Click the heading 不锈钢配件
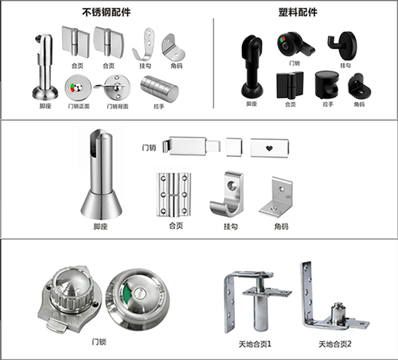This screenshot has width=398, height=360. click(x=106, y=12)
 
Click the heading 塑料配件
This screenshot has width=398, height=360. click(x=298, y=12)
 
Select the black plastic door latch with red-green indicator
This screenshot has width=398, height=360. click(x=295, y=45)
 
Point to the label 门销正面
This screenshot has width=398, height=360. click(x=79, y=106)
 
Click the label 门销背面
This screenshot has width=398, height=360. click(x=117, y=106)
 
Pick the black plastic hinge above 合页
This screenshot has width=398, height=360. click(x=290, y=85)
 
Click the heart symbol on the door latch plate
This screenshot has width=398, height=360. click(x=269, y=148)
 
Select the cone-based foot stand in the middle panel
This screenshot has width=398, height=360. click(x=102, y=175)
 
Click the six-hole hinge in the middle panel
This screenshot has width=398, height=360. click(x=173, y=195)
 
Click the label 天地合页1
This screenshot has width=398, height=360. click(x=255, y=344)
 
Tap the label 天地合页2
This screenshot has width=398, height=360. click(x=335, y=344)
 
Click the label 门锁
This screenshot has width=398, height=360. click(x=99, y=342)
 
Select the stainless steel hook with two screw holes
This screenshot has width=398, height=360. click(x=143, y=44)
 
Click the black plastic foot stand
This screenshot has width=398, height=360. click(x=252, y=67)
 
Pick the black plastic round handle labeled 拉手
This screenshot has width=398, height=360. click(x=327, y=85)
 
